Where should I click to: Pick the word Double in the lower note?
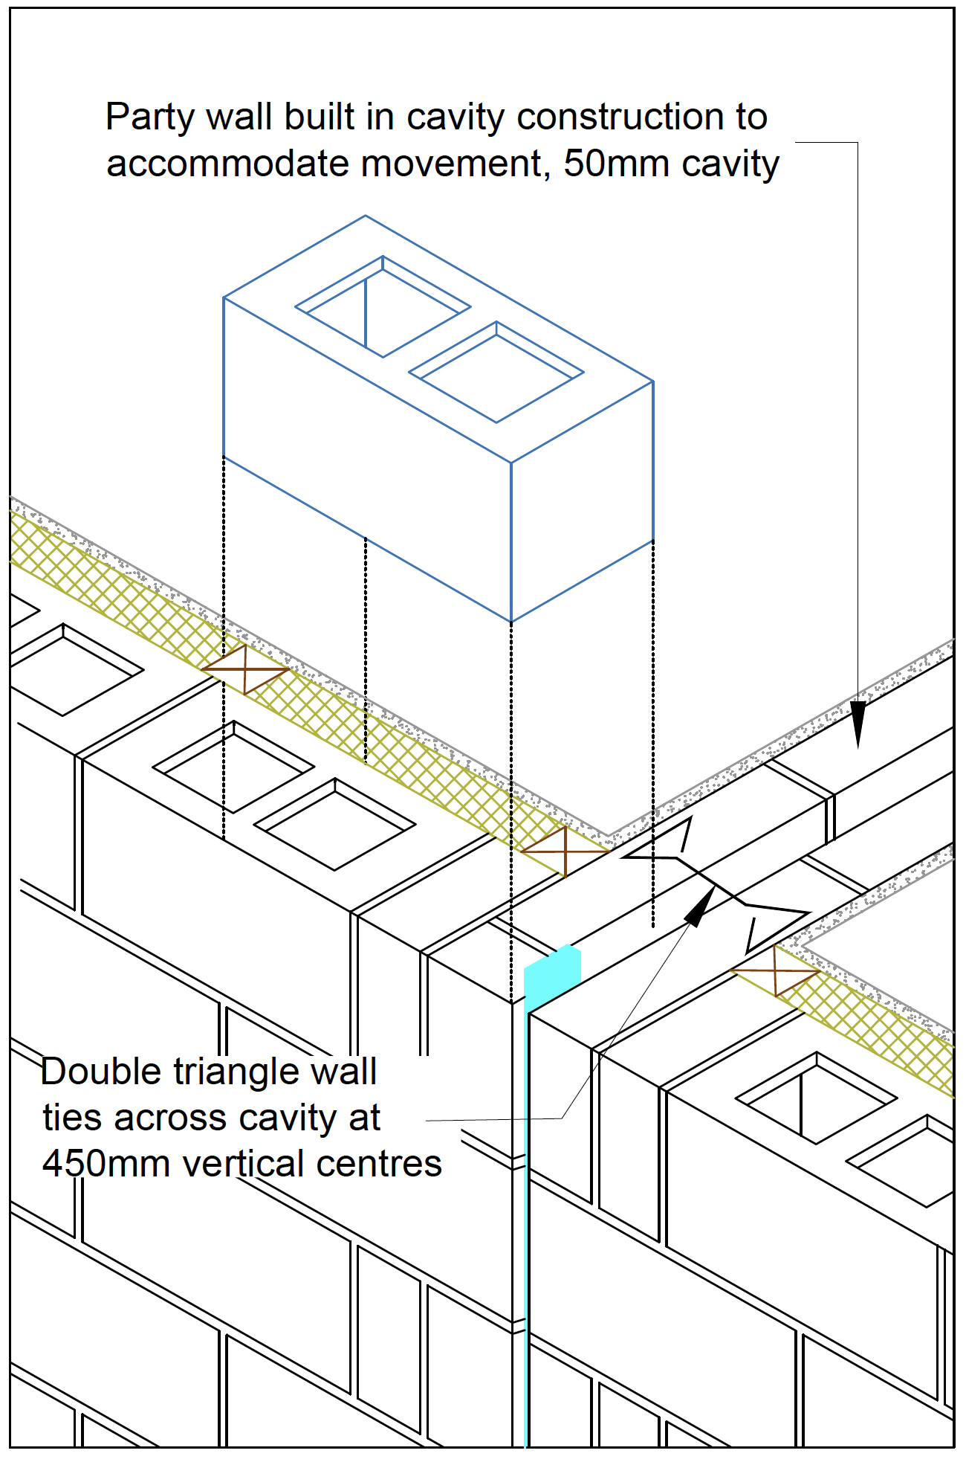point(100,1072)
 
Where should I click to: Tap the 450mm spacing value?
point(106,1164)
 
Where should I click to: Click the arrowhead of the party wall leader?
point(858,725)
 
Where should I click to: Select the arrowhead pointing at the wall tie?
point(699,908)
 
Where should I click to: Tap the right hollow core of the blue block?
point(496,373)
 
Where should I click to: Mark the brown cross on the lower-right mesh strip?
point(775,970)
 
